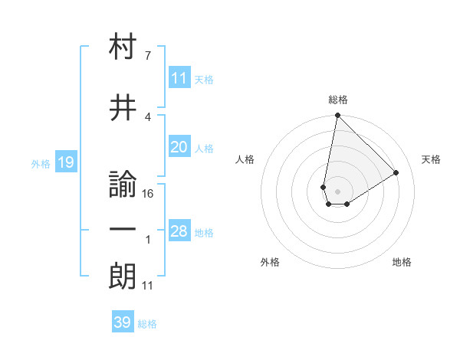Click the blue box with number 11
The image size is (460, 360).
click(179, 77)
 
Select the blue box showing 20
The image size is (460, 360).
click(179, 147)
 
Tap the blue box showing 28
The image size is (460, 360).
click(179, 231)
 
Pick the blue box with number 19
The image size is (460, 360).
click(65, 162)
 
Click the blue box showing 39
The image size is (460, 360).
click(123, 322)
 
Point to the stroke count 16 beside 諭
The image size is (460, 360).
click(148, 194)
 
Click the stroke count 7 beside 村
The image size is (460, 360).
click(147, 56)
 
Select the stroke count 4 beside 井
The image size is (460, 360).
click(147, 116)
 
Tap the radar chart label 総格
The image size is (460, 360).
click(337, 100)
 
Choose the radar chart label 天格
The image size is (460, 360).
click(432, 159)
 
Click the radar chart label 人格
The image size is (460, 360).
click(245, 159)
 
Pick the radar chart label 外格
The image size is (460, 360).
click(270, 262)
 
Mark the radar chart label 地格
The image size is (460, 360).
click(402, 262)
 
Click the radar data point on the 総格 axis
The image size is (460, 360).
click(337, 116)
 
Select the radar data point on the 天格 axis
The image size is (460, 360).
click(396, 172)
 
